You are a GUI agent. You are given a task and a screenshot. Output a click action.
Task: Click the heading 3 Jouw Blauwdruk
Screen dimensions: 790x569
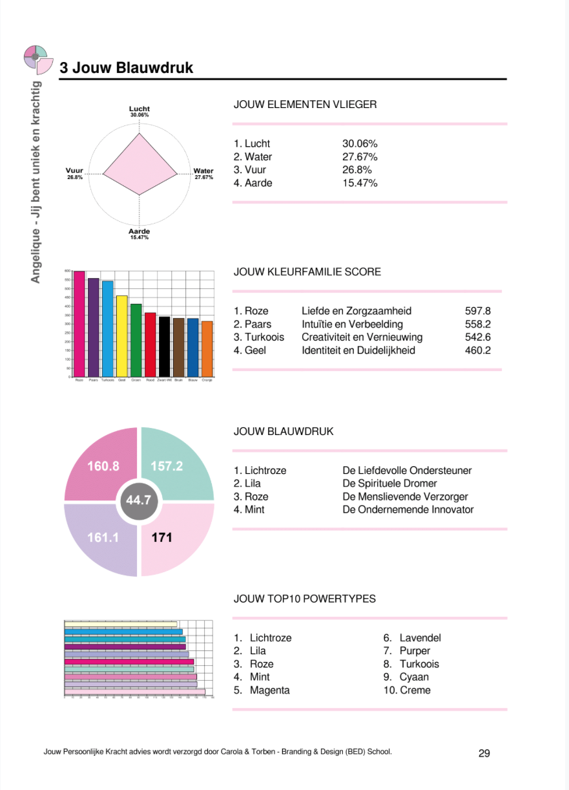click(126, 68)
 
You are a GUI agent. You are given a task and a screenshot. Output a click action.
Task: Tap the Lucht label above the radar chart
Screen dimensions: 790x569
click(139, 109)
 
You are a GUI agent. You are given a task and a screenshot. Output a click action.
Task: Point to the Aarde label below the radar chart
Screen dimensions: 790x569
click(139, 231)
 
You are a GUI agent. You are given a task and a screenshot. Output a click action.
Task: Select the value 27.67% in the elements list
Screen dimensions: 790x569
click(360, 157)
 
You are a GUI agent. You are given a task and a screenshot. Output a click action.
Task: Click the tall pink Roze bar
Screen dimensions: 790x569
click(79, 323)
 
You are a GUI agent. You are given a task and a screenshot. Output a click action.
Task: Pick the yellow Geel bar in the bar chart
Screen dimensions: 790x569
click(121, 336)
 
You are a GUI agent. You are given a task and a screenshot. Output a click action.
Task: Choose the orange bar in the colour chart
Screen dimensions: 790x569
click(207, 348)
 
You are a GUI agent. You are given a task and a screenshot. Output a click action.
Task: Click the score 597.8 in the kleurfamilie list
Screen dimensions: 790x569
click(478, 311)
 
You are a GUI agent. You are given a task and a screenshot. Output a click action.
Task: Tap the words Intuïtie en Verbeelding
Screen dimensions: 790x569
click(352, 325)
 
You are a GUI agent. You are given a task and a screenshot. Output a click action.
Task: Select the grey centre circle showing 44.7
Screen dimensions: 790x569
click(139, 500)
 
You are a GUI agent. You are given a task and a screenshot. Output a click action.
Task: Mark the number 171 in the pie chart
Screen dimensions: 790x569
click(161, 537)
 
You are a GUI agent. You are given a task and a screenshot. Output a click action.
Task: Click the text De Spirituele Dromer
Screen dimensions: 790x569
click(389, 484)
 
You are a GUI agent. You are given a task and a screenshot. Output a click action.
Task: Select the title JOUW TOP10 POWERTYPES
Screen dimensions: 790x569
click(304, 599)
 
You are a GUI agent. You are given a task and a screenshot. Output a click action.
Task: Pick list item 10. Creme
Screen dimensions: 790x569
click(407, 690)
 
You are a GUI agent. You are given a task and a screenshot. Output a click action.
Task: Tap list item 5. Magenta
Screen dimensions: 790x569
click(262, 690)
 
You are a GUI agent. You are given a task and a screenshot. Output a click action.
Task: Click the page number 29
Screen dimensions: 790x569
click(484, 753)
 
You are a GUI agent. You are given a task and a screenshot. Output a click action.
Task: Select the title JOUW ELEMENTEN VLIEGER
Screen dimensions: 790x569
click(305, 104)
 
